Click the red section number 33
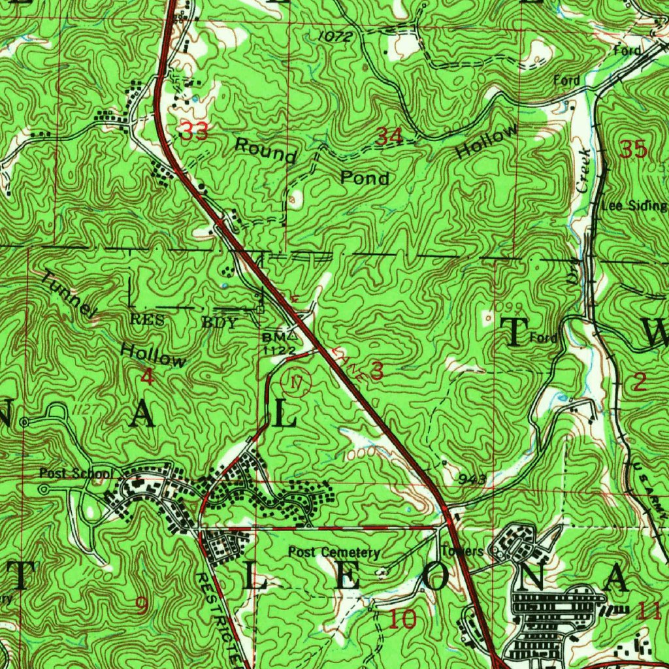[194, 132]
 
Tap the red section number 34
[390, 137]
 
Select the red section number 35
[634, 150]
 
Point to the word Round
[266, 151]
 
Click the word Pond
[365, 178]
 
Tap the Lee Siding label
[634, 206]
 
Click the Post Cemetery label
[334, 553]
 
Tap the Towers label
[462, 551]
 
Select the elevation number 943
[472, 480]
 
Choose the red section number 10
[404, 618]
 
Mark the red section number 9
[141, 605]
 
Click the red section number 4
[148, 376]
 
